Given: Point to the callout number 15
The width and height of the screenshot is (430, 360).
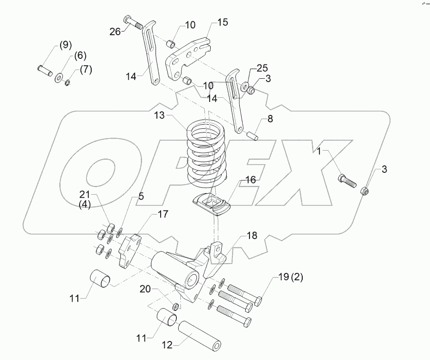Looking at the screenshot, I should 223,22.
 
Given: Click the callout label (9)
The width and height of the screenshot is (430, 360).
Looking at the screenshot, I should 65,46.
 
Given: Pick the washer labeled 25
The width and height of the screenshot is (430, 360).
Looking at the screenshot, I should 243,86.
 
